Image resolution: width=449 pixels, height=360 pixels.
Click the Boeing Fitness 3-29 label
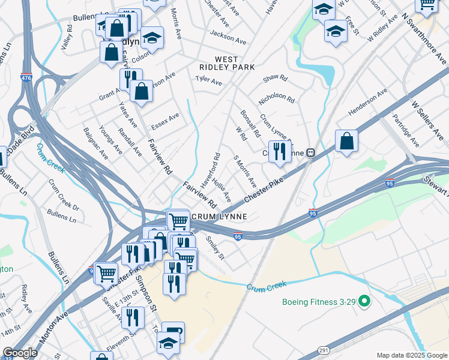[x=319, y=301]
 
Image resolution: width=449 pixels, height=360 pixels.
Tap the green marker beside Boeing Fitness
[x=364, y=302]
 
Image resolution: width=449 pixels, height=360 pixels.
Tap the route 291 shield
[x=322, y=350]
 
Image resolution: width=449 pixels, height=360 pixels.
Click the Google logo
[x=20, y=353]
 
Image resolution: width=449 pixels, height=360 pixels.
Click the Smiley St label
[x=215, y=248]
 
